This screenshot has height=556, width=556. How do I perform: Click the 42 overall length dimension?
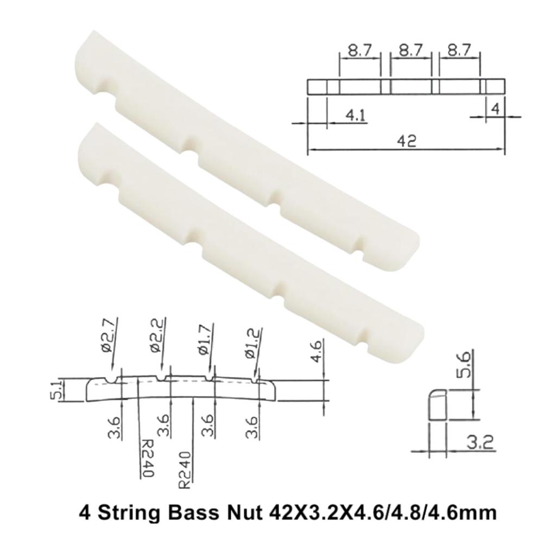406,141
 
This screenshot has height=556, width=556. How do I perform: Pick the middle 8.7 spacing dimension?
410,51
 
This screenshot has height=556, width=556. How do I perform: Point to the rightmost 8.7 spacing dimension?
459,51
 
